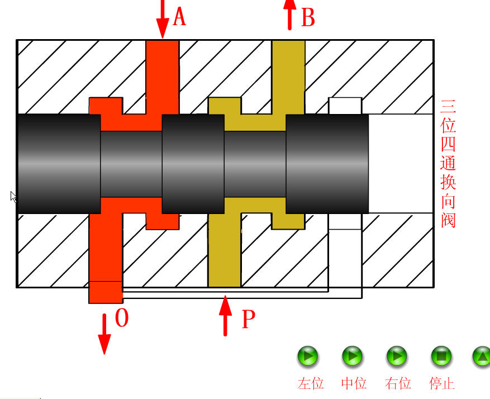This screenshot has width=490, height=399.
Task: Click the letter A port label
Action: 179,17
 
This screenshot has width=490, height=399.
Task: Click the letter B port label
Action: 308,18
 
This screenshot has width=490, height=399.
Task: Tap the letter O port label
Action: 121,319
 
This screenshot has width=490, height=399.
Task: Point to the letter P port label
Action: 248,320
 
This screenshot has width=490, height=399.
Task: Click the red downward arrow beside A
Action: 163,19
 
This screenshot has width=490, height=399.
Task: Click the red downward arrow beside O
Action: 104,334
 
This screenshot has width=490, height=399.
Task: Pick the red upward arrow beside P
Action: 225,316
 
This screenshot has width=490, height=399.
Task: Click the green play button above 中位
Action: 353,356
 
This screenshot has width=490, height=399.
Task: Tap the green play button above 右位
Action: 397,356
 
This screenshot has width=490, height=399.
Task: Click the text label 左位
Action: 311,383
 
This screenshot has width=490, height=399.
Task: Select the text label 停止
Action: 442,383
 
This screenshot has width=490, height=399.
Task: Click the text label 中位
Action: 354,383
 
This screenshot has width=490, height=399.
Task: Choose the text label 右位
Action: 398,383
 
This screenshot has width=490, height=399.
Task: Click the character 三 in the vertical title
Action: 449,106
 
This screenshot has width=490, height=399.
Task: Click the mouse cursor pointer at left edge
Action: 13,196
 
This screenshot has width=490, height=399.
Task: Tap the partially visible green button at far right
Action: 482,356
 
